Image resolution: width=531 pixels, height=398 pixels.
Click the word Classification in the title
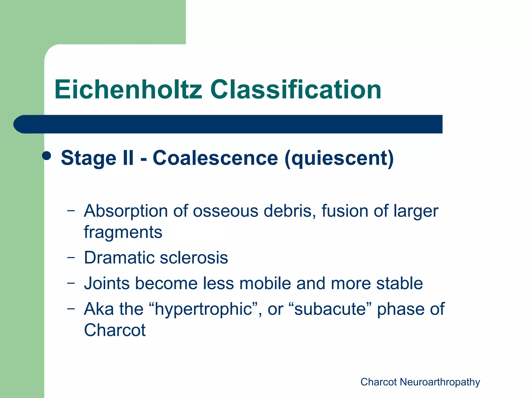point(296,90)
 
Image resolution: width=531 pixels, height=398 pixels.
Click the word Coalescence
point(215,158)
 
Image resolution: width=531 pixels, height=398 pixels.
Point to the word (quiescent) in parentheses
point(339,158)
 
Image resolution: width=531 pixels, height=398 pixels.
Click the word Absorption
point(125,211)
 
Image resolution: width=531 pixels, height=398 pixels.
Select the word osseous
point(225,211)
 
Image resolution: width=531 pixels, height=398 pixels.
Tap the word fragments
point(123,232)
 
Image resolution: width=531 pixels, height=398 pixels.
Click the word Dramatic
point(119,258)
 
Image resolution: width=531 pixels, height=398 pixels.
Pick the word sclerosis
point(194,258)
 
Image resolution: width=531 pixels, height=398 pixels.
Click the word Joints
point(107,283)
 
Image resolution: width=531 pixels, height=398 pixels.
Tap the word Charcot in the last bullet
point(115,330)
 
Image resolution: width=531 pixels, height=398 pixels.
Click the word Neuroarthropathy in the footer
point(440,382)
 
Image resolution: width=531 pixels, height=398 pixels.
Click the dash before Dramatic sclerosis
point(71,257)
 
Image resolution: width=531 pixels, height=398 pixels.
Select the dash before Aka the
point(71,309)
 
